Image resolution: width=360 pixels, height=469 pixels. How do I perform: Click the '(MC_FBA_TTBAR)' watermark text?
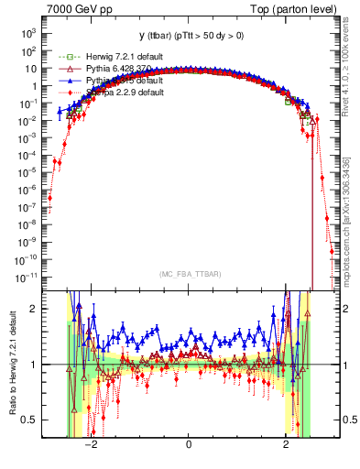(x=188, y=274)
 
